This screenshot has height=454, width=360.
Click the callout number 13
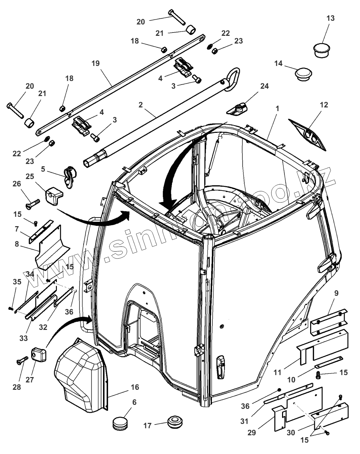(x=330, y=18)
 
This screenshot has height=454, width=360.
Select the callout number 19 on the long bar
(x=95, y=63)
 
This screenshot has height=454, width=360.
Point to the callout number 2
(x=141, y=105)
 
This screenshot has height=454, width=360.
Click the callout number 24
(x=264, y=86)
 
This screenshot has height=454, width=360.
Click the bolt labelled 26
(x=31, y=202)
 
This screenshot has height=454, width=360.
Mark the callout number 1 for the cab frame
(x=277, y=109)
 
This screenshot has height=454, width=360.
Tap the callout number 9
(x=336, y=293)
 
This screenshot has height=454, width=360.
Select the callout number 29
(x=252, y=433)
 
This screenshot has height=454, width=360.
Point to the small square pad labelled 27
(x=38, y=355)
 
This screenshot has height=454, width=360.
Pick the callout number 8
(x=17, y=244)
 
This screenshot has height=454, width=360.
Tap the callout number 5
(x=43, y=169)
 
